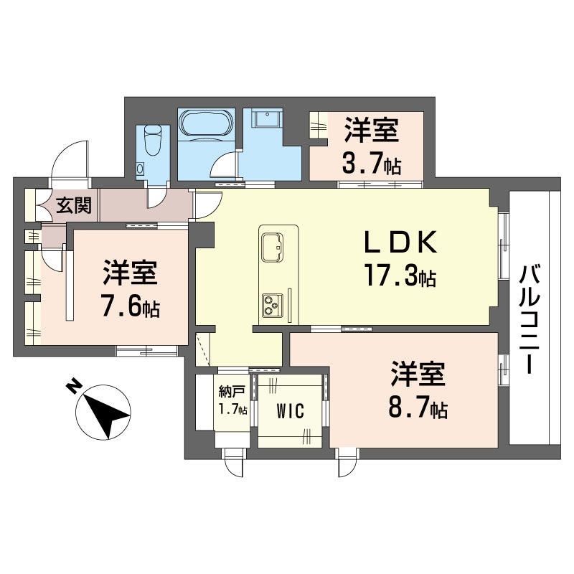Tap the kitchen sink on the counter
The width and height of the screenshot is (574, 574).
tap(272, 247)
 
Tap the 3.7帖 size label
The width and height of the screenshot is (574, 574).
tap(371, 164)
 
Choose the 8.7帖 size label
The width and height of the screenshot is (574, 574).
tap(419, 409)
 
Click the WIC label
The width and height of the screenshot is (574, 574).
tap(291, 411)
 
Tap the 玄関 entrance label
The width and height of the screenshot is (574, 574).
tap(74, 206)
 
